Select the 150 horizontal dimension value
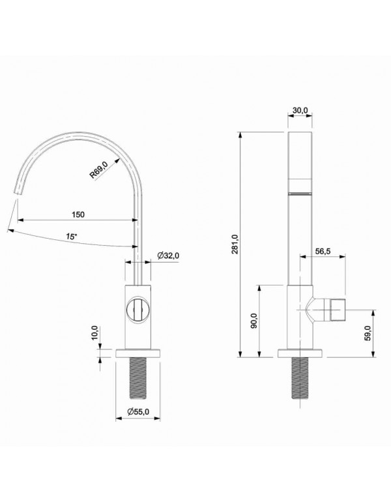[x=79, y=214]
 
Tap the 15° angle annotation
[x=71, y=237]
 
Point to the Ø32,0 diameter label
[x=168, y=256]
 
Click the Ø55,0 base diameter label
[x=138, y=411]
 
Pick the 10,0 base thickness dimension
[x=94, y=332]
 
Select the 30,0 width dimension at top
[x=300, y=111]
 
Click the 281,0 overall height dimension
[x=235, y=244]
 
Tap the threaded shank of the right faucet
[x=300, y=378]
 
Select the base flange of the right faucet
[x=300, y=354]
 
